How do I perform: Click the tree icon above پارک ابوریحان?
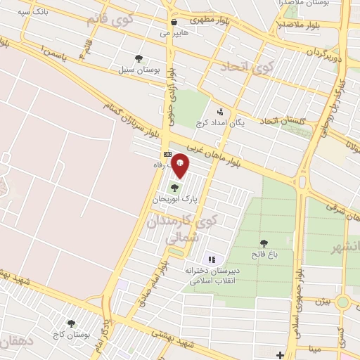[174, 187]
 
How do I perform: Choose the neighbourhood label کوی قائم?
[109, 19]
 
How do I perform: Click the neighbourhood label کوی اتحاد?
[246, 67]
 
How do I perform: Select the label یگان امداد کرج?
[239, 124]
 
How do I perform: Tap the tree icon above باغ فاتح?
[264, 243]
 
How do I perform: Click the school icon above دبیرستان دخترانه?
[212, 259]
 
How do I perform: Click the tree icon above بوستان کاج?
[70, 323]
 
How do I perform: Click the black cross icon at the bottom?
[280, 354]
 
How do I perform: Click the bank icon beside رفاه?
[167, 154]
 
